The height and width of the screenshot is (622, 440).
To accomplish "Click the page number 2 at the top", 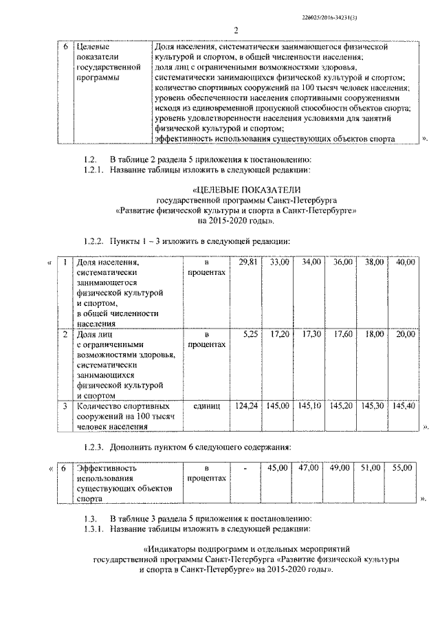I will point(236,30).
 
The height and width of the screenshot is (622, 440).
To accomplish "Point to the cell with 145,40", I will point(404,406).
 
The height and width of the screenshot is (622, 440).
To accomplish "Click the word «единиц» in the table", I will point(206,407).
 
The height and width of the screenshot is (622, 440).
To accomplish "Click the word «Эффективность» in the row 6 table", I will point(107,469).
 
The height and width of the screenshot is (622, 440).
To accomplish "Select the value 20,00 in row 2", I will point(406,334).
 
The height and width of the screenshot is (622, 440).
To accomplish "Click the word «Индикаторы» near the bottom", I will point(175,550).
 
